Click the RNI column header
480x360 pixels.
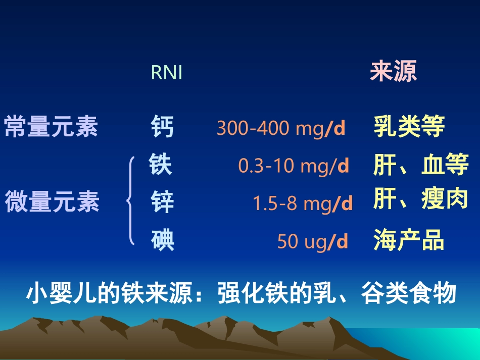pyautogui.click(x=166, y=73)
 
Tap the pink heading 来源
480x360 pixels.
pyautogui.click(x=393, y=72)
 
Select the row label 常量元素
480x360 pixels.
pyautogui.click(x=52, y=127)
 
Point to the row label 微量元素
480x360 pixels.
pyautogui.click(x=52, y=202)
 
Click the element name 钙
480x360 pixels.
pyautogui.click(x=162, y=127)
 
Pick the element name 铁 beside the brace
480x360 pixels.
pyautogui.click(x=161, y=165)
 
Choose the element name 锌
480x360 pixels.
pyautogui.click(x=162, y=202)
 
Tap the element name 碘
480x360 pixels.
pyautogui.click(x=162, y=240)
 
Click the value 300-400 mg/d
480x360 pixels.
pyautogui.click(x=280, y=129)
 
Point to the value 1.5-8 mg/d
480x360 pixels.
pyautogui.click(x=302, y=203)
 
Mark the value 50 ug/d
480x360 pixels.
pyautogui.click(x=313, y=242)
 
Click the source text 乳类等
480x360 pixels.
pyautogui.click(x=409, y=127)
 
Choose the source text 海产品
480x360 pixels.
pyautogui.click(x=409, y=240)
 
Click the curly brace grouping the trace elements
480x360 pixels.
pyautogui.click(x=131, y=201)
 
